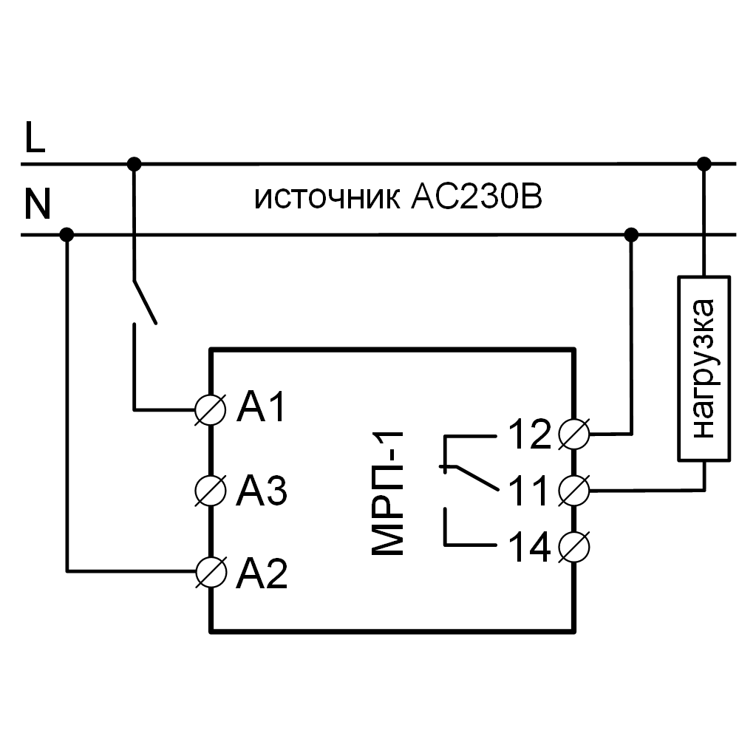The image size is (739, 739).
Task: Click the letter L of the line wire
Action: point(35,137)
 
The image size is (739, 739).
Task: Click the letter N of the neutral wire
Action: point(37,205)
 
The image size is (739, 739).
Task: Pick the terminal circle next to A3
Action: point(209,489)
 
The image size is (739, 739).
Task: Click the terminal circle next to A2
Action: point(209,571)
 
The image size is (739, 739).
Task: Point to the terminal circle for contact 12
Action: point(574,434)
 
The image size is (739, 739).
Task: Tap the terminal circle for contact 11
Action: point(574,489)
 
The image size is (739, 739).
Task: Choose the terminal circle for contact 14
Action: point(574,547)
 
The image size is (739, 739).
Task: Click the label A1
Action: point(261,409)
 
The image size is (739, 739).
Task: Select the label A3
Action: point(261,490)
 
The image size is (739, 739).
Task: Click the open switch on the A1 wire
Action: point(144,302)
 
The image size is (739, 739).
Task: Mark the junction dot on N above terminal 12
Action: point(631,235)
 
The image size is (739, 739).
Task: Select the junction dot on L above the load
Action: point(704,163)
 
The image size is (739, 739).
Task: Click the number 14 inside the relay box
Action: point(529,548)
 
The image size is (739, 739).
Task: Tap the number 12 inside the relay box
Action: point(529,435)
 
